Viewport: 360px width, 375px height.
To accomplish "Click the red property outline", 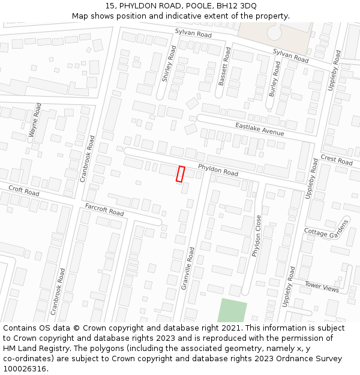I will [x=180, y=173].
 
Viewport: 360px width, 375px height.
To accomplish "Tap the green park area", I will [x=232, y=311].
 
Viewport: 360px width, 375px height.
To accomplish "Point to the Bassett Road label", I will [x=224, y=66].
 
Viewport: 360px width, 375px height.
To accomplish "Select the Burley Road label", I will [x=274, y=79].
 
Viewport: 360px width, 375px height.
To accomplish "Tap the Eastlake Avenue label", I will [x=259, y=129].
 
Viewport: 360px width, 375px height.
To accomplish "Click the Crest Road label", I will [x=337, y=160].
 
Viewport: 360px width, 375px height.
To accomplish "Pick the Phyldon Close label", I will [x=257, y=236].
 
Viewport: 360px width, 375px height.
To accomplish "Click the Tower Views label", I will [x=321, y=287].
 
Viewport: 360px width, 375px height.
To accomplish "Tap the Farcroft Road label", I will [x=104, y=209].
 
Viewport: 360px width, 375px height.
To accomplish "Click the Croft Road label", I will [x=24, y=191].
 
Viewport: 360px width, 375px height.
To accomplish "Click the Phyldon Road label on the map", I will [x=218, y=170].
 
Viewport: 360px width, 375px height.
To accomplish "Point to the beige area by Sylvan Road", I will [x=273, y=36].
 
